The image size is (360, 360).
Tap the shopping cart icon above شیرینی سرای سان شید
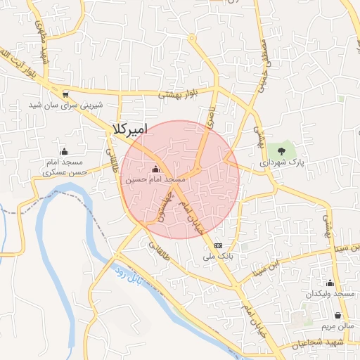coord(65,94)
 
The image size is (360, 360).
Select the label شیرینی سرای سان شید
coord(65,105)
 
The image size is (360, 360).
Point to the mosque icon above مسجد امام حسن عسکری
coord(65,151)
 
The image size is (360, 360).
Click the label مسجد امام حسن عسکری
coord(64,167)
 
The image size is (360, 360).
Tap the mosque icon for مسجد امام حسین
coord(155,169)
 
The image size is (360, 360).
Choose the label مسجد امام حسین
coord(155,180)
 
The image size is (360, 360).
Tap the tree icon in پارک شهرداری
coord(282,150)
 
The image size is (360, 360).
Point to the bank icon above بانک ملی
coord(218,245)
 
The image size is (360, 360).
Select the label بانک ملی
coord(217,257)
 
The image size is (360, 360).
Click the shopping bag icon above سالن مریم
coord(339,316)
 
